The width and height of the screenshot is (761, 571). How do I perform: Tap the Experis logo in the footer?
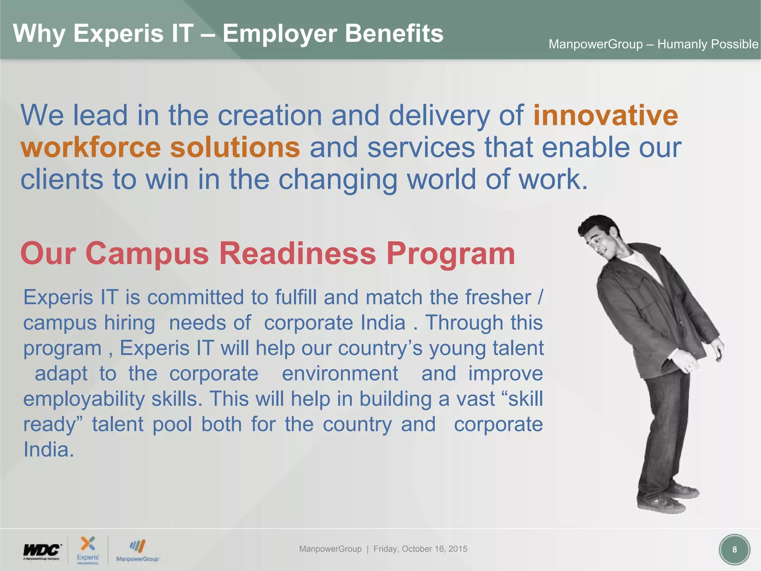pyautogui.click(x=88, y=549)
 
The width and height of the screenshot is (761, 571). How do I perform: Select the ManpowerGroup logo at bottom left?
pyautogui.click(x=137, y=551)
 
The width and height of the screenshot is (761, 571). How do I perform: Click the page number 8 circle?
pyautogui.click(x=734, y=549)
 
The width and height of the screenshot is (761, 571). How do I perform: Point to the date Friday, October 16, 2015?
pyautogui.click(x=420, y=549)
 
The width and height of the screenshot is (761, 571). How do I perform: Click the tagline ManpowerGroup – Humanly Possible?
pyautogui.click(x=653, y=44)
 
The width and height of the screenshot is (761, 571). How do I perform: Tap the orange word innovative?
pyautogui.click(x=606, y=115)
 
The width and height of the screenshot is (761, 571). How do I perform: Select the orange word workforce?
pyautogui.click(x=91, y=147)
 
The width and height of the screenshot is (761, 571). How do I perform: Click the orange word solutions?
pyautogui.click(x=235, y=147)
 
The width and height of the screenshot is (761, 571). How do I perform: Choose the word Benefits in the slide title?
pyautogui.click(x=394, y=33)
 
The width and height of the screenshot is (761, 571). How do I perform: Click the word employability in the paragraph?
pyautogui.click(x=84, y=399)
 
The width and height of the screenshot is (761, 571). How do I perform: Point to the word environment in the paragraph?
pyautogui.click(x=340, y=374)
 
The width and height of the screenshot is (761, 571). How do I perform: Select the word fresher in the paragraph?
pyautogui.click(x=498, y=297)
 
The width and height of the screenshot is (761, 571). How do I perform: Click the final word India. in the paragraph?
pyautogui.click(x=49, y=450)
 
